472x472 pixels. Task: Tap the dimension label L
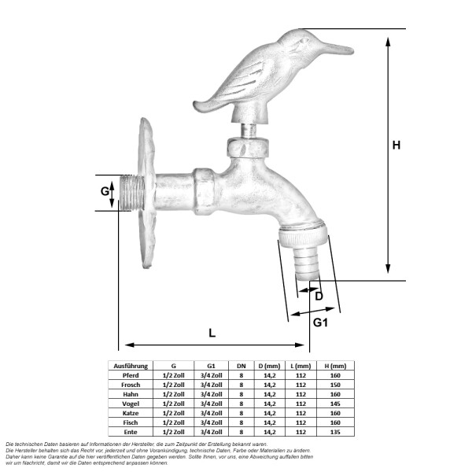[x=212, y=332]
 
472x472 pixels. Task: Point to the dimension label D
[x=319, y=296]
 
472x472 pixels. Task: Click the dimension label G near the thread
[x=105, y=192]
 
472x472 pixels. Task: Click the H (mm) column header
[x=335, y=366]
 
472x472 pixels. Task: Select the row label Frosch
[x=131, y=385]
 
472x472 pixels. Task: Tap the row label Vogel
[x=131, y=404]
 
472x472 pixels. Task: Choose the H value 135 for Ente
[x=335, y=432]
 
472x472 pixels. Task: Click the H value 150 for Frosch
[x=335, y=385]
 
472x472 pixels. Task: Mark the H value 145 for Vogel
[x=335, y=404]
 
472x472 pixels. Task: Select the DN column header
[x=241, y=366]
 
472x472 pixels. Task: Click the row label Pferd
[x=131, y=375]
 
